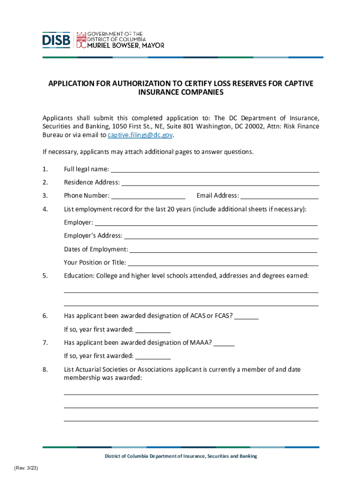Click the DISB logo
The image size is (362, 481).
pyautogui.click(x=56, y=40)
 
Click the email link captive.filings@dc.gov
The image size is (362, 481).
pyautogui.click(x=141, y=135)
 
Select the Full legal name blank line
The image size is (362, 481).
pyautogui.click(x=215, y=170)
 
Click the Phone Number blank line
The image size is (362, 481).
pyautogui.click(x=148, y=196)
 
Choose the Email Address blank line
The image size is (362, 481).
pyautogui.click(x=279, y=196)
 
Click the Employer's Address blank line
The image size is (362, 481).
pyautogui.click(x=220, y=236)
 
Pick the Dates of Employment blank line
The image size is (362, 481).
pyautogui.click(x=223, y=250)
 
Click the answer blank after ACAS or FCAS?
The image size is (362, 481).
pyautogui.click(x=246, y=317)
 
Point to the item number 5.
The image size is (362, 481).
pyautogui.click(x=45, y=276)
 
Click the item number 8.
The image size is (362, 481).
pyautogui.click(x=45, y=370)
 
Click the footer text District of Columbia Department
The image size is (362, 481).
pyautogui.click(x=181, y=456)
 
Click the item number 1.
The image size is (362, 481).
pyautogui.click(x=45, y=169)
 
